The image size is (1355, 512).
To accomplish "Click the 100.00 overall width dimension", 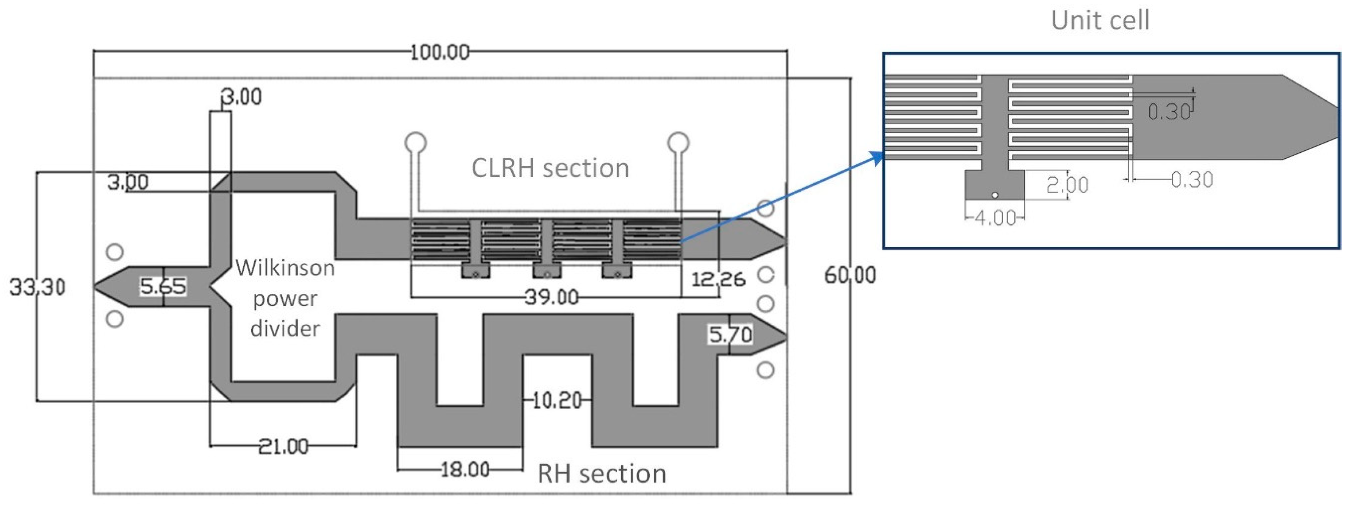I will tap(440, 52).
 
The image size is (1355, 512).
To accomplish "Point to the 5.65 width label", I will tap(162, 286).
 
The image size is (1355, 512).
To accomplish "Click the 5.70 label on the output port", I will tap(730, 334).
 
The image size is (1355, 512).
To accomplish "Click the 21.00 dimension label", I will tap(283, 446).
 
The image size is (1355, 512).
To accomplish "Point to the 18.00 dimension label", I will tap(465, 469).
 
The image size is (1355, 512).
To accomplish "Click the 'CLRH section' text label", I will tap(550, 168).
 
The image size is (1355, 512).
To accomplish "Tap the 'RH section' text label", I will tap(601, 473).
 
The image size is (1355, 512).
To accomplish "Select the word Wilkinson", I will tap(285, 268).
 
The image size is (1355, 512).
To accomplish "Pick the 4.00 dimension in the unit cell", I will tap(995, 217).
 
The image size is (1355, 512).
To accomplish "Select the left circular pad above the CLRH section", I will tap(415, 143).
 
